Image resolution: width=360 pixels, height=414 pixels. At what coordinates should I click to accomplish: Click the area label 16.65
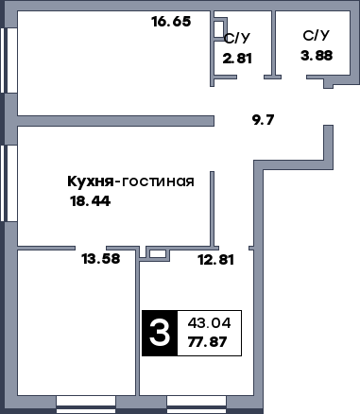point(172,21)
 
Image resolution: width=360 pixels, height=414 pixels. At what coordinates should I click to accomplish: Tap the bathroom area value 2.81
point(237,59)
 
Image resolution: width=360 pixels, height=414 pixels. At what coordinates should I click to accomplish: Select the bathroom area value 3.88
point(317,56)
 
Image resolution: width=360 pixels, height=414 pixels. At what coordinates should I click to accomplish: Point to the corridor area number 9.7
point(264,120)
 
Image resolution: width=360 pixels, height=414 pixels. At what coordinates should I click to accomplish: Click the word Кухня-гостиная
point(130,181)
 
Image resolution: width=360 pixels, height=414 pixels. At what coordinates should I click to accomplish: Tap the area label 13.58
point(101,258)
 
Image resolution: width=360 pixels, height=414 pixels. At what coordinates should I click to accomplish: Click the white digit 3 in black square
point(160,333)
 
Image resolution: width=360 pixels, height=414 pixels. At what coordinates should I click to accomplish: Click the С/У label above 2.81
point(237,39)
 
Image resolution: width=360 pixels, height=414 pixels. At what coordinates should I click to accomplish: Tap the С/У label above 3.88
point(317,36)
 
